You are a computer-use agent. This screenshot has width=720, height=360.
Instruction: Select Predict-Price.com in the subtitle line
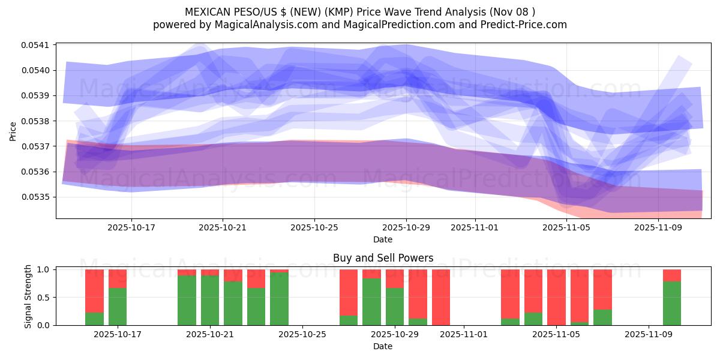click(524, 25)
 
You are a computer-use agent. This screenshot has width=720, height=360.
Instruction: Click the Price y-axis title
click(13, 131)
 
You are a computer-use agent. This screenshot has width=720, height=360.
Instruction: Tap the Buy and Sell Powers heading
click(383, 259)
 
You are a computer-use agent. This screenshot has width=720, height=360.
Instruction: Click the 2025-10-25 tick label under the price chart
click(314, 227)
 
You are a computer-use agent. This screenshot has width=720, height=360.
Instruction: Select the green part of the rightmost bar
click(672, 304)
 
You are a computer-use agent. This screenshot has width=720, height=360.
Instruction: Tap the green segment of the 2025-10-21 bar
click(210, 300)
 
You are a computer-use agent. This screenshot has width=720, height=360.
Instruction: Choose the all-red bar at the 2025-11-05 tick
click(556, 297)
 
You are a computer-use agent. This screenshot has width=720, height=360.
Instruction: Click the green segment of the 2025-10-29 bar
click(395, 307)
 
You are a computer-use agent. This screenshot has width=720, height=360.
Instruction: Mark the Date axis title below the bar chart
click(383, 346)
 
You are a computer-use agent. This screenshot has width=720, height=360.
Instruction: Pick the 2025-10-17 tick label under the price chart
click(131, 227)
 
